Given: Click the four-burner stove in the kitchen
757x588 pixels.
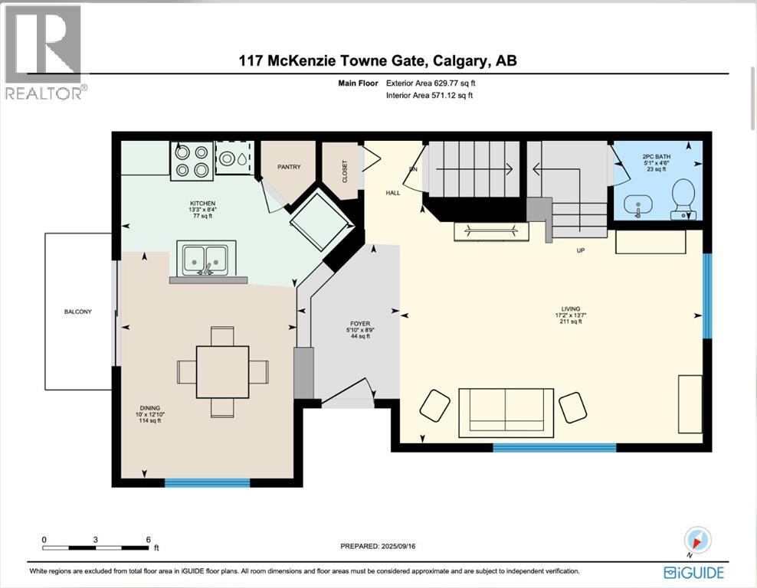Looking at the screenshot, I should [192, 162].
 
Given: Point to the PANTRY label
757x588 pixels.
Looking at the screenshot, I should [288, 167].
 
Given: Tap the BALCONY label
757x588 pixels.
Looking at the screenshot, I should [78, 312].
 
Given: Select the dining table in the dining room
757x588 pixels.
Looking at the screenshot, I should [222, 372].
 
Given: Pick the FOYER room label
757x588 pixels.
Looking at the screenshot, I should [359, 324].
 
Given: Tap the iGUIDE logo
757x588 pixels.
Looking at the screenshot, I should [693, 572].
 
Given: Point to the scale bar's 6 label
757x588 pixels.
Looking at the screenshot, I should [148, 539].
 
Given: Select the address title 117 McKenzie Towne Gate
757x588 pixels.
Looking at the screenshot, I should [378, 61].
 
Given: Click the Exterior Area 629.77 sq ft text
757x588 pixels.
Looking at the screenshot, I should [435, 83].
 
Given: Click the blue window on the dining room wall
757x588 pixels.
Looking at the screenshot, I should [207, 482].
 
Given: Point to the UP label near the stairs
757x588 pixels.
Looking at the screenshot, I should [582, 250].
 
